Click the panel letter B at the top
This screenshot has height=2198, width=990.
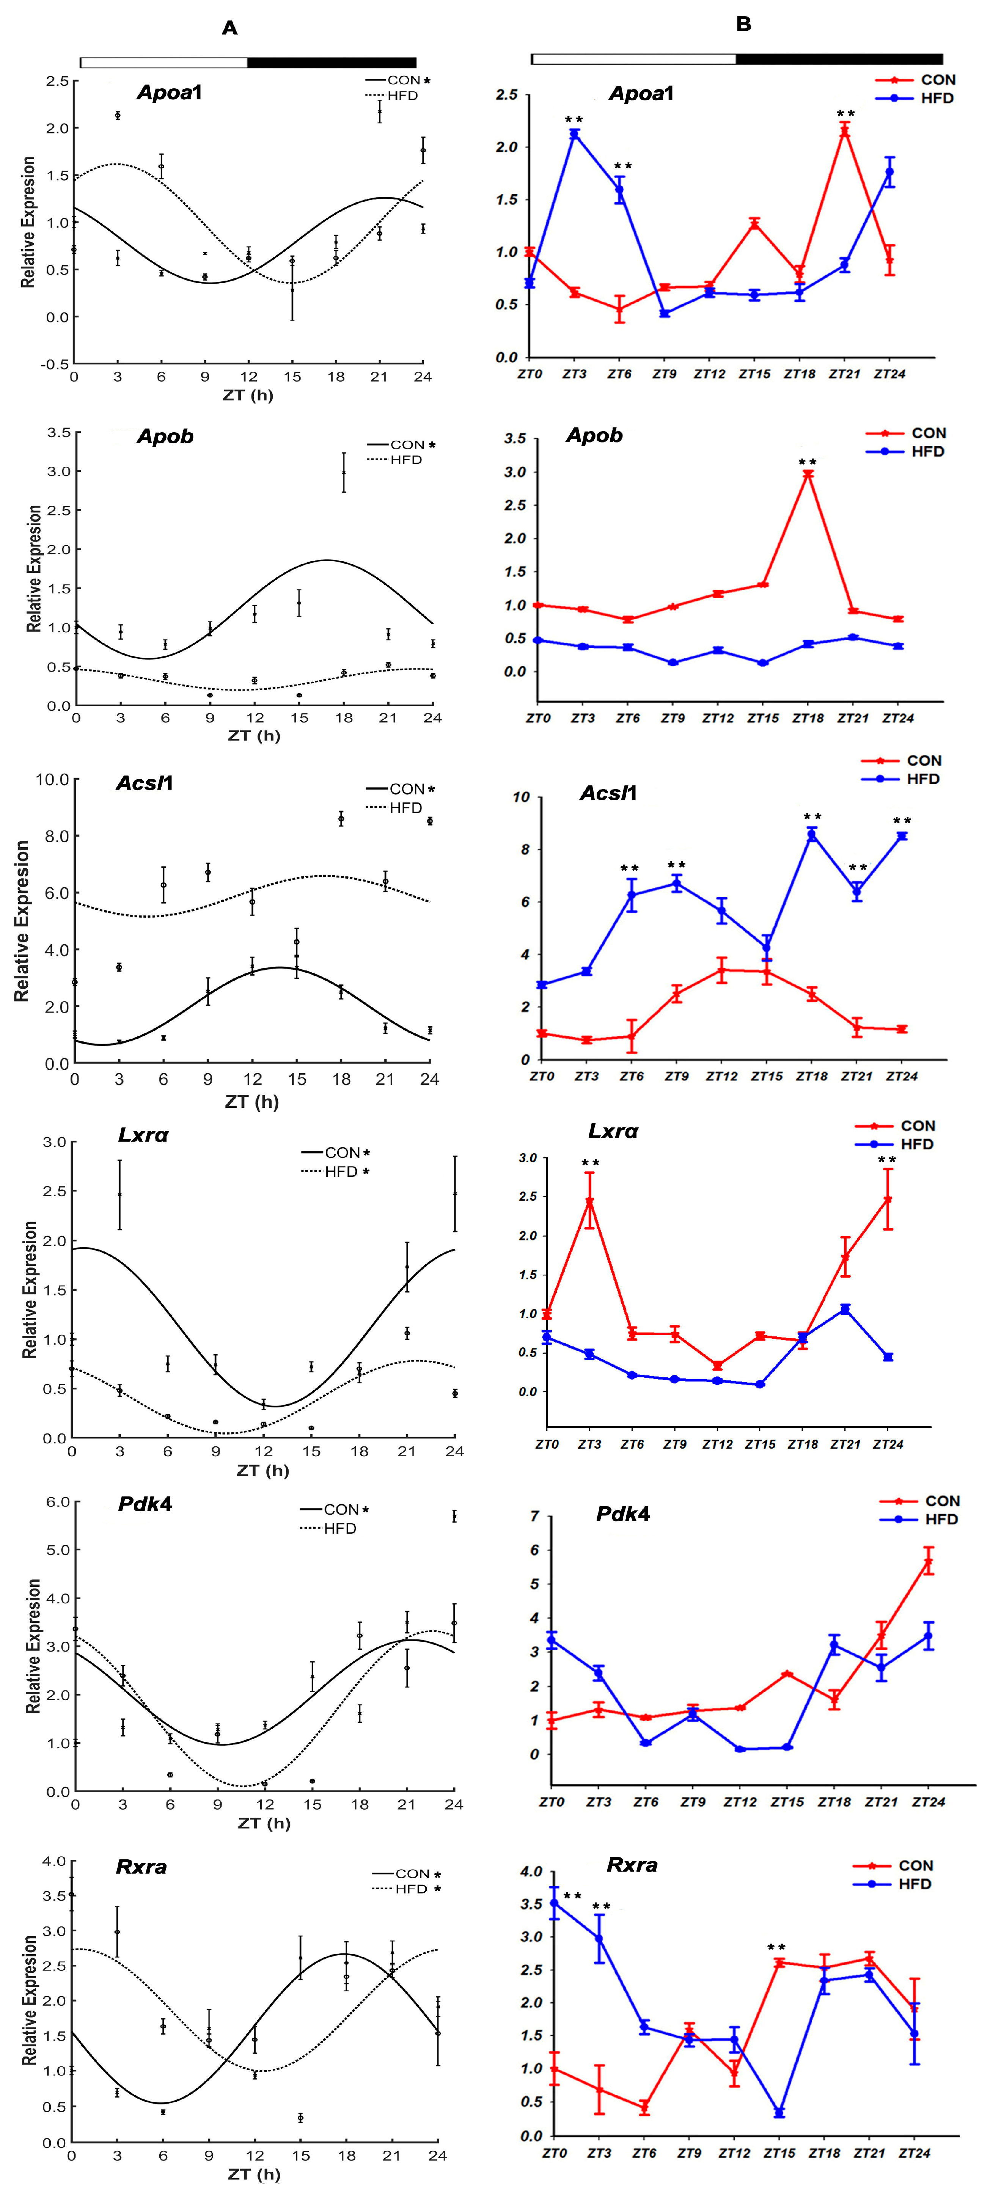coord(743,25)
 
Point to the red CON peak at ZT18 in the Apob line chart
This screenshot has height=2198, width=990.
coord(807,474)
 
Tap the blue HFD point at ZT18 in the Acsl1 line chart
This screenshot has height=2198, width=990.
coord(812,835)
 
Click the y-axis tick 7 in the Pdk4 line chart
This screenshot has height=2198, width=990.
coord(535,1516)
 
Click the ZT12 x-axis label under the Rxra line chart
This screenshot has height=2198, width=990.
coord(734,2154)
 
